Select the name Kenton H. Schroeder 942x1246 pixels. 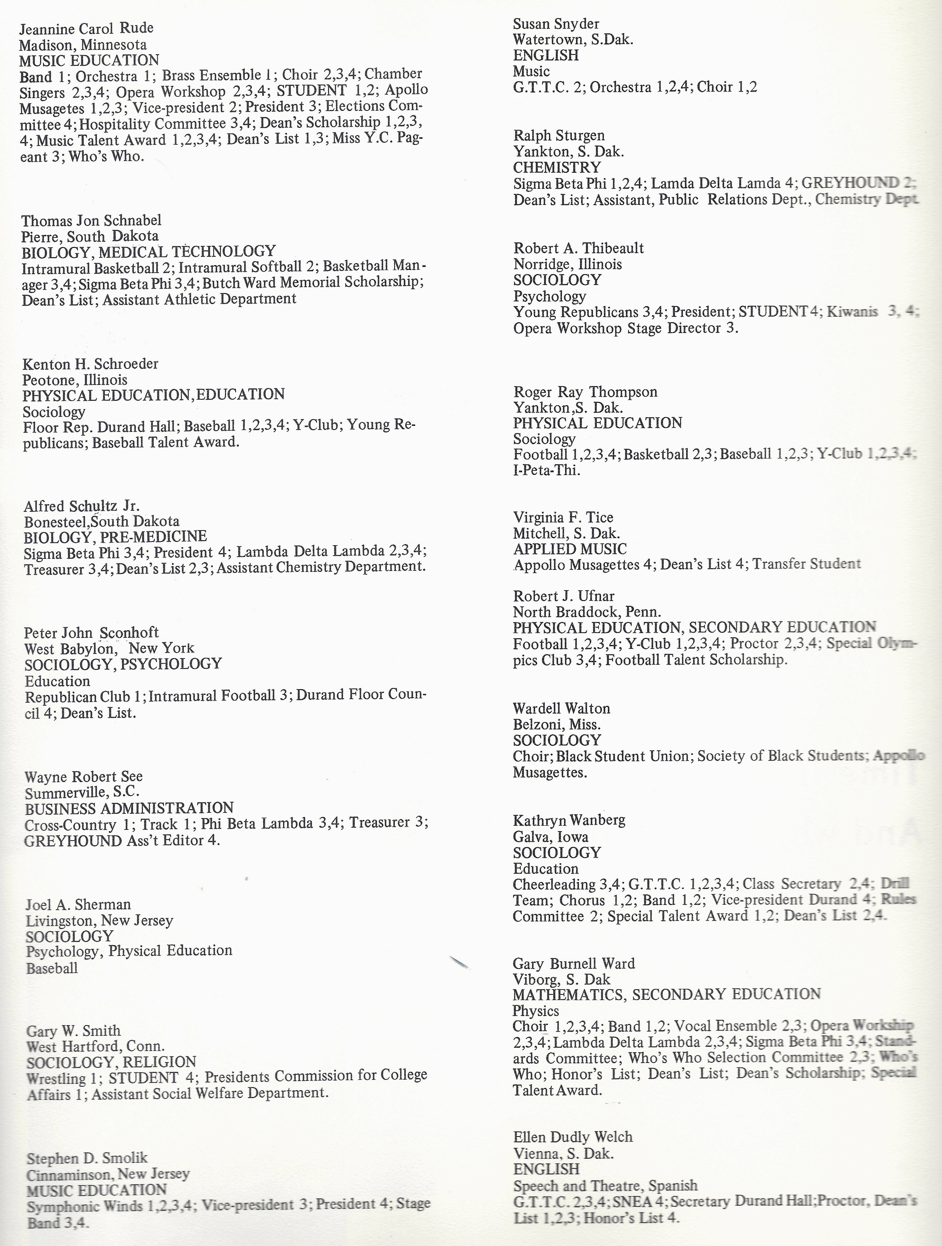pos(91,364)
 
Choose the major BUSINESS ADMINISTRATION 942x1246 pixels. pos(129,809)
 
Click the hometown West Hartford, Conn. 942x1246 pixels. pos(95,1047)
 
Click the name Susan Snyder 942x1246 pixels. pos(556,24)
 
